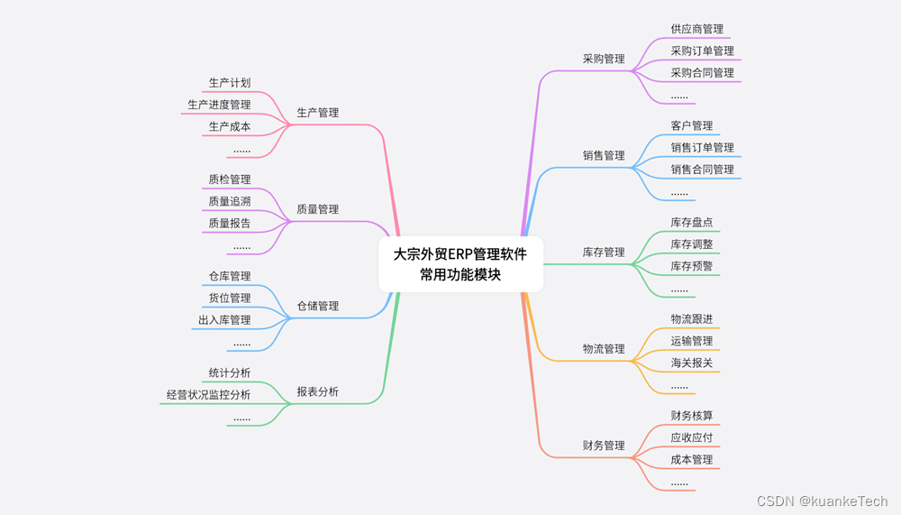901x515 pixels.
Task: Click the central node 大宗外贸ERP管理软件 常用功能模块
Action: tap(460, 264)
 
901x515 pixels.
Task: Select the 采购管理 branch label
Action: tap(604, 59)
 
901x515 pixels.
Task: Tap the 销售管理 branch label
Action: tap(604, 155)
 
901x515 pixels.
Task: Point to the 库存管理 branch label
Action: tap(604, 252)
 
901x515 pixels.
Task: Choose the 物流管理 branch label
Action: tap(604, 348)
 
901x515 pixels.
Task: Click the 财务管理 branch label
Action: tap(604, 445)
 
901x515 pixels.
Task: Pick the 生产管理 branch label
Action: tap(318, 113)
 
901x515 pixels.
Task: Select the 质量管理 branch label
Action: tap(318, 209)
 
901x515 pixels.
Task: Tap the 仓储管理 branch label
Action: tap(318, 306)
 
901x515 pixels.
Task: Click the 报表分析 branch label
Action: tap(318, 391)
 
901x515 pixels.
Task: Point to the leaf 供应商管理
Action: tap(696, 29)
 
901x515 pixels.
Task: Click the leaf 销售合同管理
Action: tap(702, 169)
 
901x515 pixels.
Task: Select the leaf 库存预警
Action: tap(691, 266)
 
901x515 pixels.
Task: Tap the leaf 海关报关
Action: tap(691, 363)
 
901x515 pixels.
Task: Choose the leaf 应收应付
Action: tap(691, 437)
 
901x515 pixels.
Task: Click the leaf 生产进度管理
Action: tap(219, 105)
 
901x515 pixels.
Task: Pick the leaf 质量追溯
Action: tap(230, 201)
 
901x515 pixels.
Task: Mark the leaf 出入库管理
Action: tap(224, 319)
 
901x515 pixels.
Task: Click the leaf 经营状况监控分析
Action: tap(208, 394)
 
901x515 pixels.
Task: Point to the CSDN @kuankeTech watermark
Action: tap(822, 501)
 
